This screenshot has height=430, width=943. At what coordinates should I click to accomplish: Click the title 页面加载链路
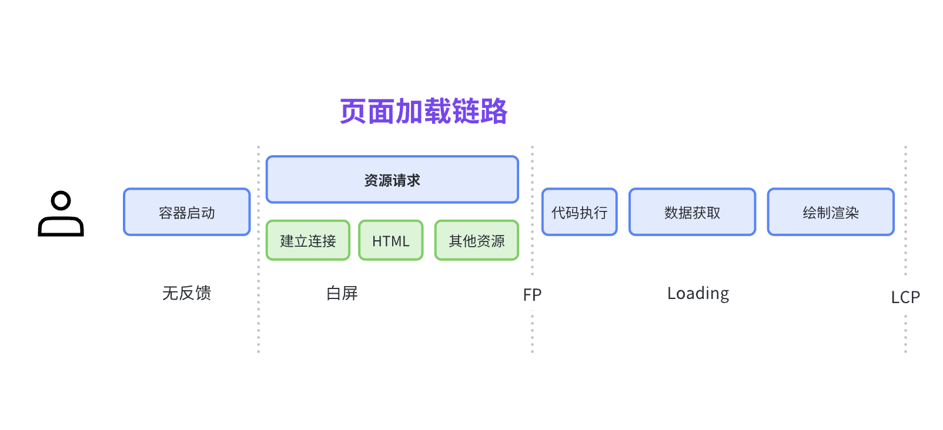pyautogui.click(x=423, y=111)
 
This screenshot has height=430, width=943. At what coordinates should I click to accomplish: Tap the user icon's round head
pyautogui.click(x=61, y=200)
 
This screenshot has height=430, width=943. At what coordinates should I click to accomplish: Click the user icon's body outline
pyautogui.click(x=61, y=226)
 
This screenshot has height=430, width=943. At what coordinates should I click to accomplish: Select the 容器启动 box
pyautogui.click(x=187, y=212)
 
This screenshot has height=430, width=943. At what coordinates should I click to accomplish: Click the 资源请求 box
pyautogui.click(x=392, y=180)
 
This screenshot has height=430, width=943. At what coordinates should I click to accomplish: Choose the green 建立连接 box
pyautogui.click(x=308, y=240)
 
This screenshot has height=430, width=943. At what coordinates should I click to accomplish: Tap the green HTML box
pyautogui.click(x=391, y=240)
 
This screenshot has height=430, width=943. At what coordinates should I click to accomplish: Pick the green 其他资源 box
pyautogui.click(x=477, y=240)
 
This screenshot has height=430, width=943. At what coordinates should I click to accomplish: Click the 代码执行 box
pyautogui.click(x=579, y=212)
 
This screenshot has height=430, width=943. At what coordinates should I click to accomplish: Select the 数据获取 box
pyautogui.click(x=692, y=212)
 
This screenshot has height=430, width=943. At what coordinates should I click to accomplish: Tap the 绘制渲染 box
pyautogui.click(x=831, y=212)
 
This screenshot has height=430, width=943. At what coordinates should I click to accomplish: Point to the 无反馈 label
pyautogui.click(x=186, y=293)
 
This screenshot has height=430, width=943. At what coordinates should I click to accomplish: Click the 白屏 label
pyautogui.click(x=342, y=293)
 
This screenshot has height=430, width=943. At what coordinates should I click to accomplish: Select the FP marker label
pyautogui.click(x=532, y=294)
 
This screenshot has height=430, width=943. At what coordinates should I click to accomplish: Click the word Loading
pyautogui.click(x=698, y=293)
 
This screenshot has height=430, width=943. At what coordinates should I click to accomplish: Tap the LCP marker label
pyautogui.click(x=905, y=297)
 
